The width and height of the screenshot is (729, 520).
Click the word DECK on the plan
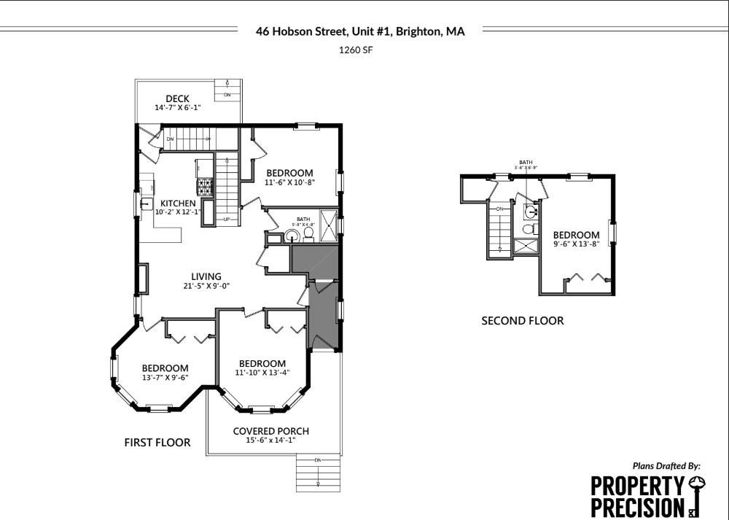pyautogui.click(x=177, y=98)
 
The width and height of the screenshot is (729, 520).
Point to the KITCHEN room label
pyautogui.click(x=178, y=203)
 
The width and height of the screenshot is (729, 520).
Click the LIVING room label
pyautogui.click(x=206, y=276)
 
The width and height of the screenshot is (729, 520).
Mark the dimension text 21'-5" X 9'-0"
pyautogui.click(x=206, y=285)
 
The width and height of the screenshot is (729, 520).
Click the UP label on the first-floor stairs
pyautogui.click(x=227, y=219)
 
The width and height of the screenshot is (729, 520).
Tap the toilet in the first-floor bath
pyautogui.click(x=308, y=233)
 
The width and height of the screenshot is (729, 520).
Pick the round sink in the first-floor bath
pyautogui.click(x=292, y=236)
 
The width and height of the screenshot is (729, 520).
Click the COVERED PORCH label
pyautogui.click(x=262, y=431)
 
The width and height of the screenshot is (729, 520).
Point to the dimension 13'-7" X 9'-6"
pyautogui.click(x=165, y=378)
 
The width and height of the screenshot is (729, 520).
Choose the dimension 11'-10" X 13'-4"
pyautogui.click(x=262, y=373)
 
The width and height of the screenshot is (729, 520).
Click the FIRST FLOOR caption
pyautogui.click(x=157, y=442)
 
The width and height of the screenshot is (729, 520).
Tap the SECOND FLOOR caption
pyautogui.click(x=522, y=320)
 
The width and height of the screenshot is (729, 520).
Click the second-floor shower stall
pyautogui.click(x=525, y=246)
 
